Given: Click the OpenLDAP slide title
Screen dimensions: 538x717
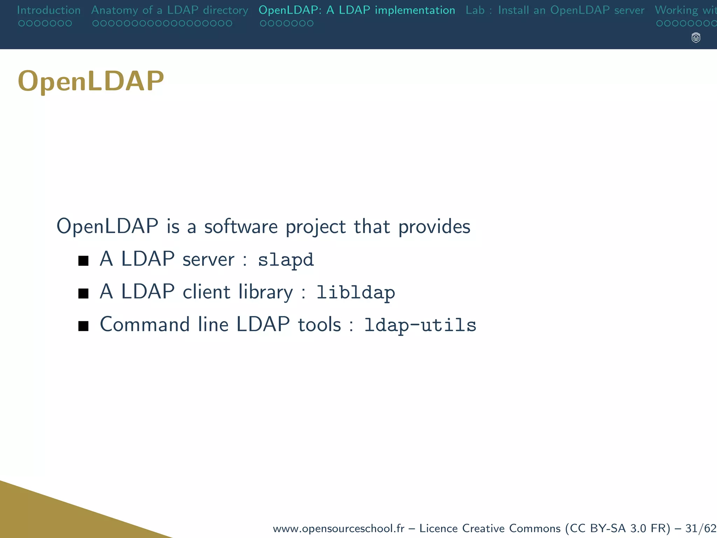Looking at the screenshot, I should coord(91,81).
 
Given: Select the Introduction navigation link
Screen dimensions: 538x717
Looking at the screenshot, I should coord(49,10).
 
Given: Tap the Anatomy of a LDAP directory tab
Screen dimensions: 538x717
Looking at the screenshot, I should coord(169,10).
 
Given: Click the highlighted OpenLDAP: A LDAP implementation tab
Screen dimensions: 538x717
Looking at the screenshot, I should coord(357,10).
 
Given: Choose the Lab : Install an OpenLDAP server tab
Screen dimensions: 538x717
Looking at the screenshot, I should coord(555,10).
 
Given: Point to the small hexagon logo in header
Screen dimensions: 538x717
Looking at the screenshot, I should coord(696,38).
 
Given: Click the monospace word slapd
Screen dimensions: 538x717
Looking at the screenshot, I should coord(286,260).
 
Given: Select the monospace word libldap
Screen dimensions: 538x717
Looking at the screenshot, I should coord(355,292).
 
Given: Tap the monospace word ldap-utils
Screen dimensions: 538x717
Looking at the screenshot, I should coord(420,325).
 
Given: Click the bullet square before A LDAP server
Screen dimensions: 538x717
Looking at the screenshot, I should coord(83,261).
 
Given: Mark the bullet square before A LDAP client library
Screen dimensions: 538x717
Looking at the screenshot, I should coord(83,293).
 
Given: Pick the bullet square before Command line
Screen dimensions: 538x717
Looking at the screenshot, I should coord(83,326).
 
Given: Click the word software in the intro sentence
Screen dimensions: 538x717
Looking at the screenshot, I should coord(241,227).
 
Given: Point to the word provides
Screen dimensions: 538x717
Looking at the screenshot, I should coord(434,227).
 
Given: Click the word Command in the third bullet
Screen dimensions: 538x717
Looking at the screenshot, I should coord(145,324).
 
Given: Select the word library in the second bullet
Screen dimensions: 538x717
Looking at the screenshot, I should coord(265,292).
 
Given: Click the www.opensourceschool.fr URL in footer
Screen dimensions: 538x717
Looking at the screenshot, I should coord(338,528).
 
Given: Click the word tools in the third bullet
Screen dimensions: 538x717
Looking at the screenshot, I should coord(319,324).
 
